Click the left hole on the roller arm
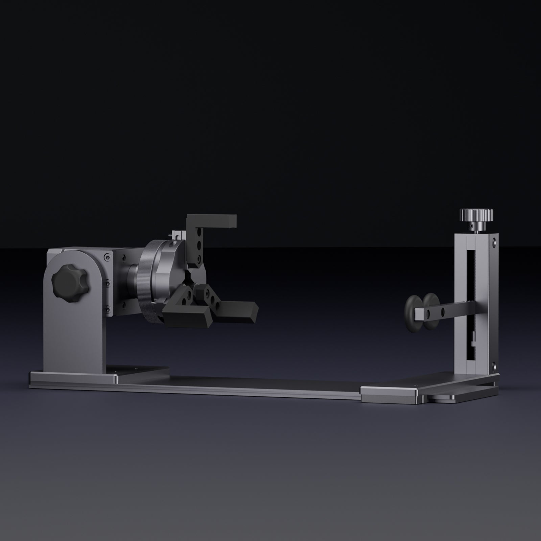pos(428,314)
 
